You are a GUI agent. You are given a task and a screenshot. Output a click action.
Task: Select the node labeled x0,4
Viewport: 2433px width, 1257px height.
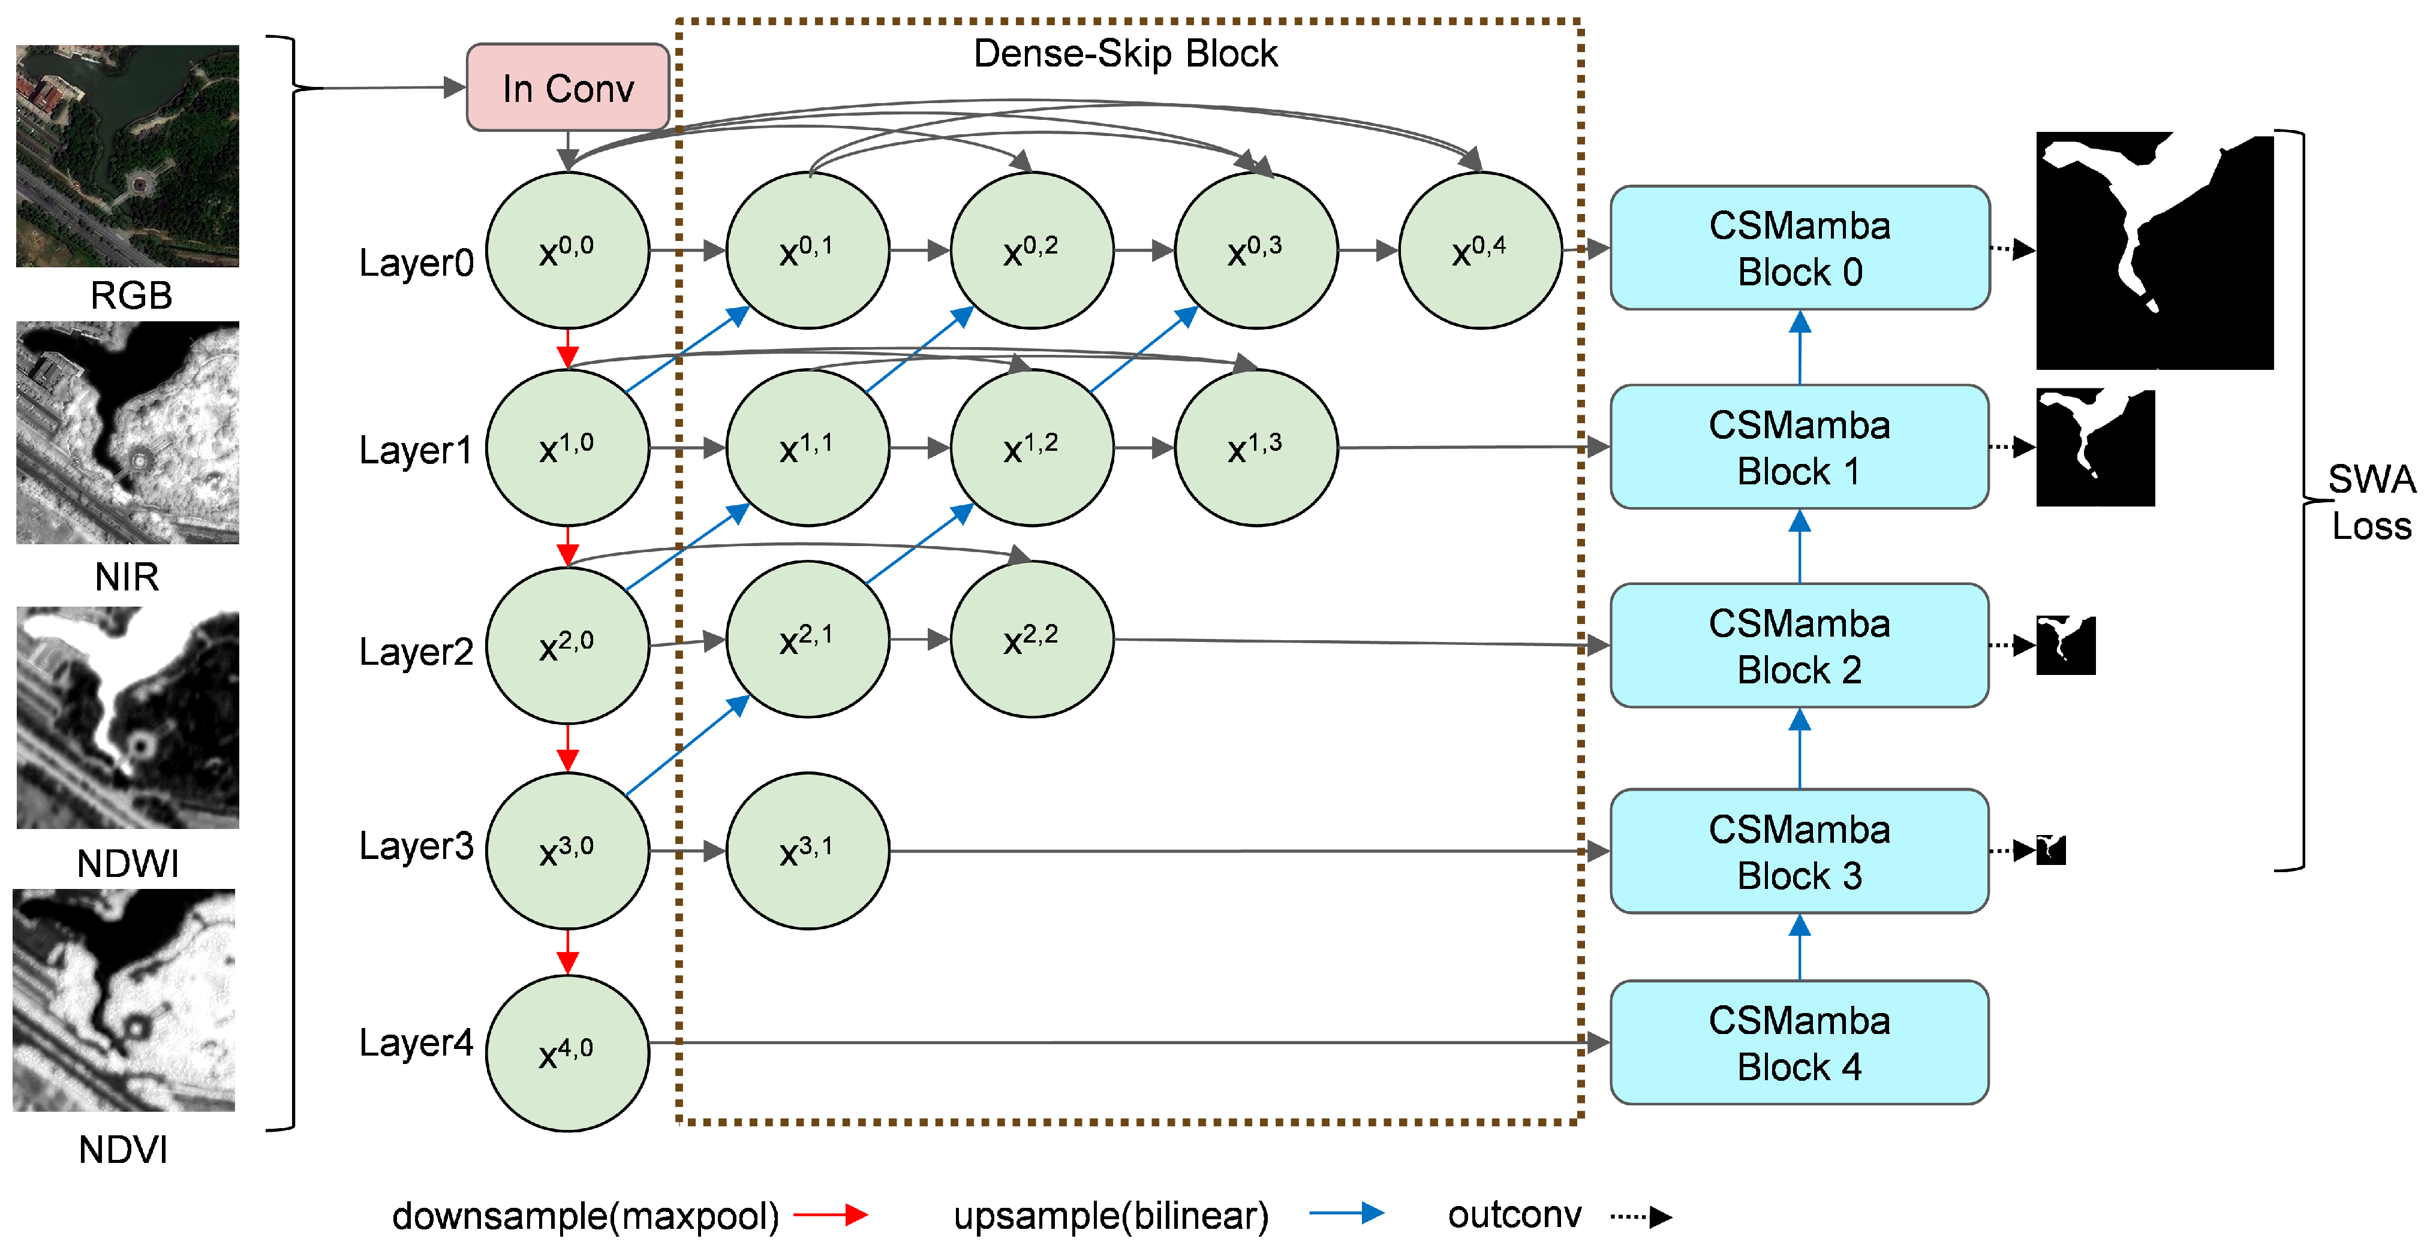coord(1479,251)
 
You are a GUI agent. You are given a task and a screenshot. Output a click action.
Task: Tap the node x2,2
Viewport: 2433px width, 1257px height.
coord(1031,640)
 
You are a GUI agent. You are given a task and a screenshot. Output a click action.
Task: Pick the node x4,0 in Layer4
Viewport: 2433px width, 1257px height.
coord(567,1052)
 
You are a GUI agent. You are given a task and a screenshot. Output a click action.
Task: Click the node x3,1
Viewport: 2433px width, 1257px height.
coord(808,850)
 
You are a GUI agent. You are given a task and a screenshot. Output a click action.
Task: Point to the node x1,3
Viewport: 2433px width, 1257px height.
coord(1255,448)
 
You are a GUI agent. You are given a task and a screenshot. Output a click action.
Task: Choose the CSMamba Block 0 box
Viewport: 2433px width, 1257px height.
coord(1799,248)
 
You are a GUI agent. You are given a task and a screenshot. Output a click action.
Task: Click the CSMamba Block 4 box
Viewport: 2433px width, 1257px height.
coord(1799,1042)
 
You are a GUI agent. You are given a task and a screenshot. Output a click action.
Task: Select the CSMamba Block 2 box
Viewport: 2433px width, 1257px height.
coord(1799,646)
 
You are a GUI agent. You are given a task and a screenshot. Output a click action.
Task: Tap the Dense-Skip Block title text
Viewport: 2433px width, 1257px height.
coord(1125,54)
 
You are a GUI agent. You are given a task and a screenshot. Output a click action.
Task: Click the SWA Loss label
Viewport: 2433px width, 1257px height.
coord(2371,502)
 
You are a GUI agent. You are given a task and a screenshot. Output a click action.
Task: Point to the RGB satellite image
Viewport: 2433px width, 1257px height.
coord(128,156)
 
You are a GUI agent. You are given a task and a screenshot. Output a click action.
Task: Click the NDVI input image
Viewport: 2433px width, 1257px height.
coord(124,999)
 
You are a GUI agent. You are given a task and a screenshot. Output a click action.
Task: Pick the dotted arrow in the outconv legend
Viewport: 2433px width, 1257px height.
coord(1641,1216)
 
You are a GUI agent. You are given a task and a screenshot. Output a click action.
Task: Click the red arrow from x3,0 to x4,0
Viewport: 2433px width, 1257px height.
coord(567,952)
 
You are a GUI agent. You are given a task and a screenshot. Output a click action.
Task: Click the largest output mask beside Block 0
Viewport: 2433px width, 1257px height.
coord(2154,251)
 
